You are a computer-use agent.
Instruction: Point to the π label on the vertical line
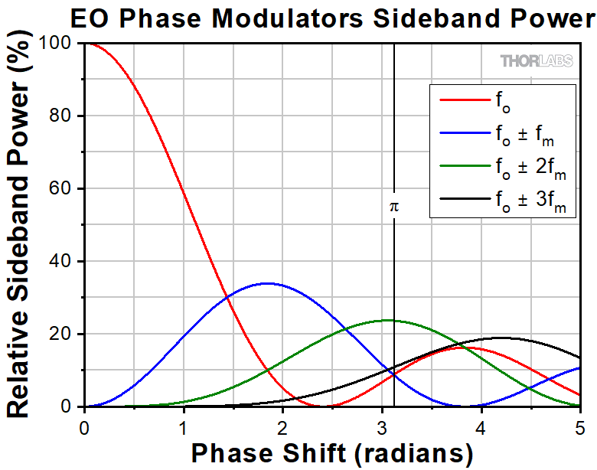coord(394,206)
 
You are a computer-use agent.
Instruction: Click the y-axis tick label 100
coord(59,44)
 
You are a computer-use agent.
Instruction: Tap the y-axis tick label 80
coord(64,116)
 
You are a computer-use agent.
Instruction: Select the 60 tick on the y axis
coord(64,189)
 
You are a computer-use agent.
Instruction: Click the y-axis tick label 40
coord(64,262)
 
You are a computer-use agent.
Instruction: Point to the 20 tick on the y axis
coord(64,335)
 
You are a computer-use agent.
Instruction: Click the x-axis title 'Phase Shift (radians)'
coord(331,453)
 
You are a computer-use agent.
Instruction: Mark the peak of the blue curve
coord(266,283)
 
